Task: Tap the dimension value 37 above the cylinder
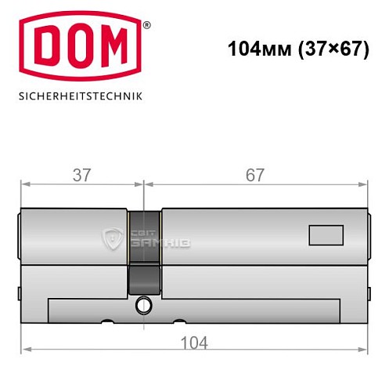click(81, 175)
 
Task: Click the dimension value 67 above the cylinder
click(255, 175)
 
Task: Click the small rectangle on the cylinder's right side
click(326, 234)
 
